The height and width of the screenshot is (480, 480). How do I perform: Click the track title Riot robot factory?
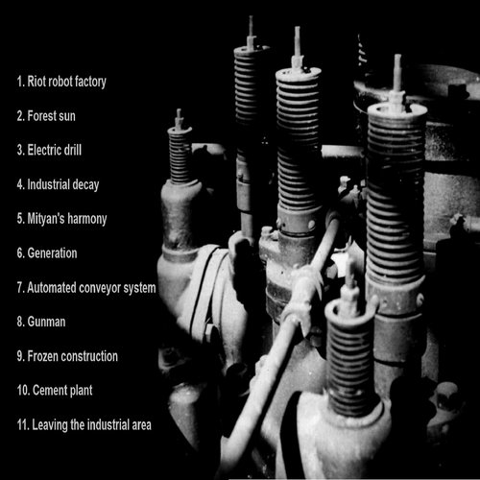pyautogui.click(x=66, y=82)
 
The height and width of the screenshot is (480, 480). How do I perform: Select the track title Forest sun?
pyautogui.click(x=51, y=116)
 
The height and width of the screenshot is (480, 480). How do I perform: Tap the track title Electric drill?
pyautogui.click(x=55, y=150)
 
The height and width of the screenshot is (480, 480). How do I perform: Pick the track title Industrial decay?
pyautogui.click(x=63, y=185)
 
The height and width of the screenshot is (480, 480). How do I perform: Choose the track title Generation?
pyautogui.click(x=52, y=253)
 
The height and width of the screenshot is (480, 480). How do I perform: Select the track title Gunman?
pyautogui.click(x=46, y=322)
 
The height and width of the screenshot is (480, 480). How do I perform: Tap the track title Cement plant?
pyautogui.click(x=62, y=391)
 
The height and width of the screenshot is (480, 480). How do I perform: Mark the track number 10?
pyautogui.click(x=23, y=391)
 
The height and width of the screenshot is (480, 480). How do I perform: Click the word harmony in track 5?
pyautogui.click(x=87, y=220)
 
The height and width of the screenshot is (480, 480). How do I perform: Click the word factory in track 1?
pyautogui.click(x=90, y=83)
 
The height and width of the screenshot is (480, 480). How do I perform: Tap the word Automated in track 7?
pyautogui.click(x=52, y=288)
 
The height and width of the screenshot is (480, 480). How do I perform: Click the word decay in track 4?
pyautogui.click(x=85, y=185)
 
